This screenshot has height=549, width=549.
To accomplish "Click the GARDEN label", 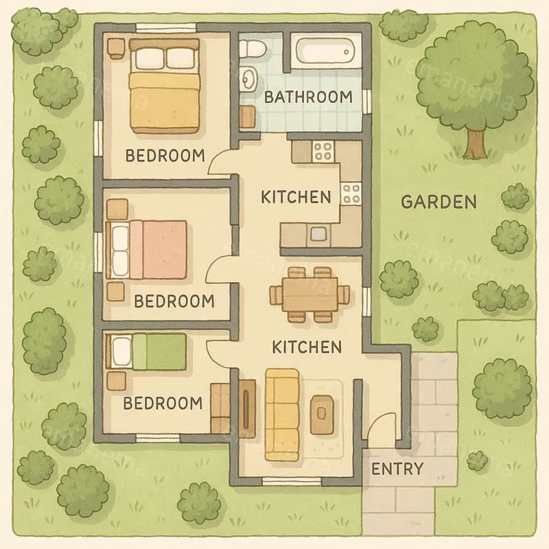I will pos(439,202).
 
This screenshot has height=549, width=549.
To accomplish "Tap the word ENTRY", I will pos(397,469).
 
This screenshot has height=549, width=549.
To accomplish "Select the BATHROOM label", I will pos(308,97).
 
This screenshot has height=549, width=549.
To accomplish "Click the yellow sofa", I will pos(283,414).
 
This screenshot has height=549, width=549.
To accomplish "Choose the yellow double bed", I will pos(165,86).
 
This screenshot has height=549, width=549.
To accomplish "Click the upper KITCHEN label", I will pos(296,197).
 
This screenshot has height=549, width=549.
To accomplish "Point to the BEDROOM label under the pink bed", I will pos(174,301).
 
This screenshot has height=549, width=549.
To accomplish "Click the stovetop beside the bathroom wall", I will pos(321,150).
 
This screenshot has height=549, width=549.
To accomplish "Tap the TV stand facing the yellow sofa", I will pos(245,410).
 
